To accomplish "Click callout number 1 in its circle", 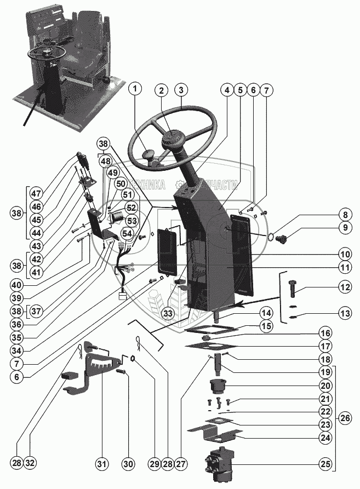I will [x=136, y=89].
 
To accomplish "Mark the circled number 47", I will [x=36, y=193].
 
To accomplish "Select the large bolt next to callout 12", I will [x=291, y=287].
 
